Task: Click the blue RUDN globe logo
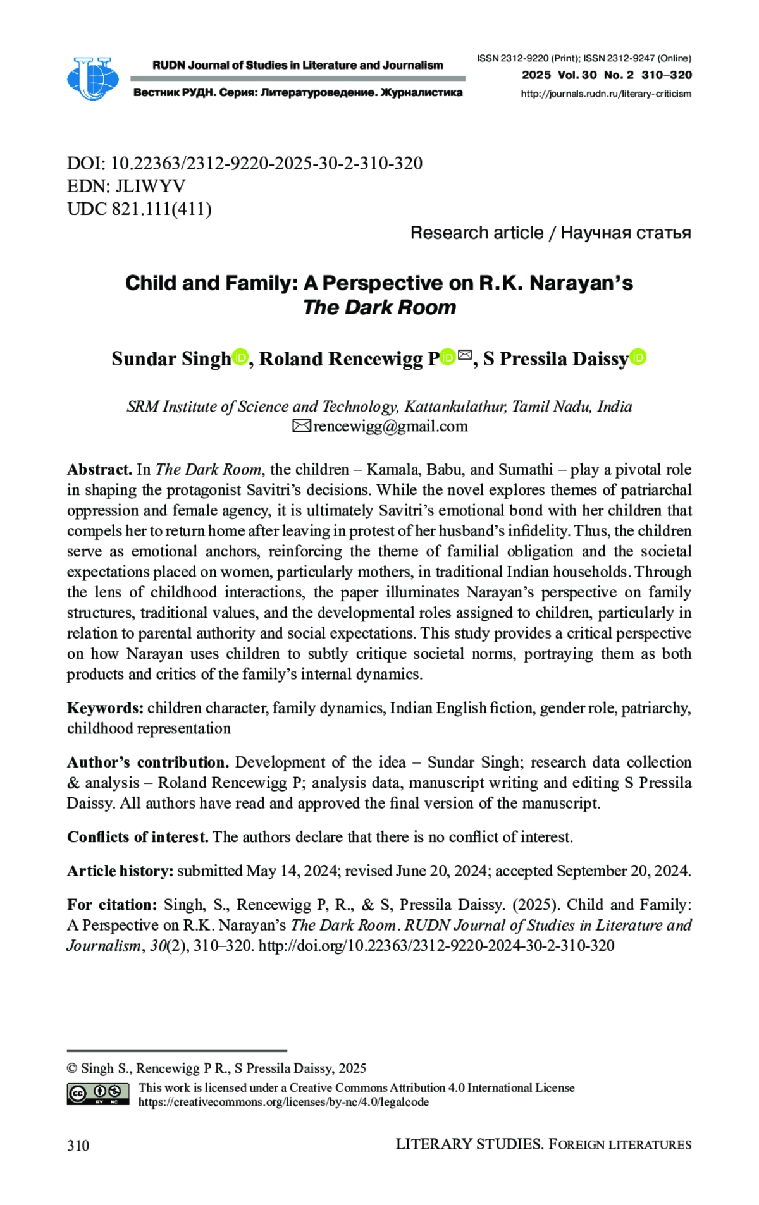(x=92, y=78)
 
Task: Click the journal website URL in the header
(x=605, y=94)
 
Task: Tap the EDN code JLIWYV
(x=150, y=186)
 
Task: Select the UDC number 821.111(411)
(x=161, y=209)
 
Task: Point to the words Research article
(x=476, y=233)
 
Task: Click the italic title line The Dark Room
(x=379, y=307)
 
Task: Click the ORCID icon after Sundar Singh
(x=240, y=357)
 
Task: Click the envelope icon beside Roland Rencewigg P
(x=465, y=355)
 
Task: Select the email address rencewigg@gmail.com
(x=390, y=426)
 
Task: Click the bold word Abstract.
(x=99, y=469)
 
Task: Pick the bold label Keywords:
(x=106, y=707)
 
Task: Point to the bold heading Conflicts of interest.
(x=137, y=837)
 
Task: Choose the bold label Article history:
(x=120, y=871)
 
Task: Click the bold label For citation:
(x=112, y=905)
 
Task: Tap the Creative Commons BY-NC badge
(x=98, y=1094)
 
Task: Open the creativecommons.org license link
(x=283, y=1102)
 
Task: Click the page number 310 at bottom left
(x=78, y=1146)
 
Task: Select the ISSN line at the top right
(x=584, y=58)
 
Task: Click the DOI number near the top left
(x=266, y=163)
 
